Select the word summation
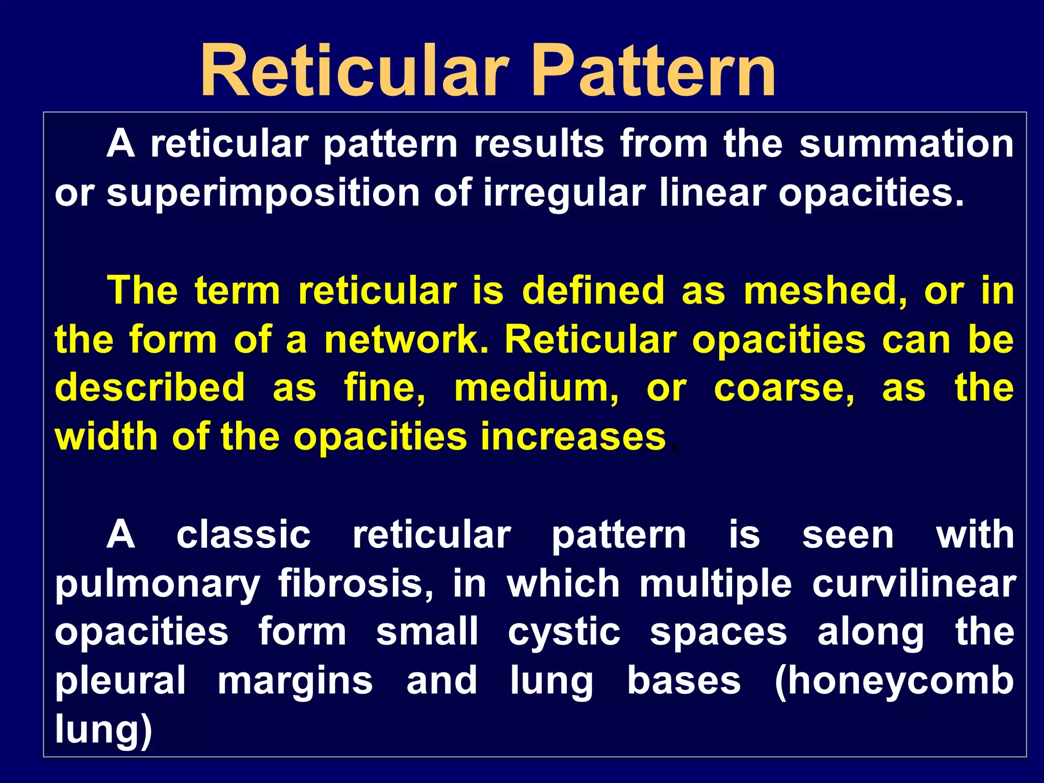pyautogui.click(x=906, y=144)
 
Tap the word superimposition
pyautogui.click(x=263, y=194)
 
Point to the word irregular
pyautogui.click(x=564, y=194)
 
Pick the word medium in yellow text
pyautogui.click(x=536, y=388)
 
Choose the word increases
pyautogui.click(x=573, y=437)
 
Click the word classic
pyautogui.click(x=244, y=535)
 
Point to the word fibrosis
pyautogui.click(x=355, y=584)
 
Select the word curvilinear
pyautogui.click(x=914, y=584)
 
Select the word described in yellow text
pyautogui.click(x=150, y=388)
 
